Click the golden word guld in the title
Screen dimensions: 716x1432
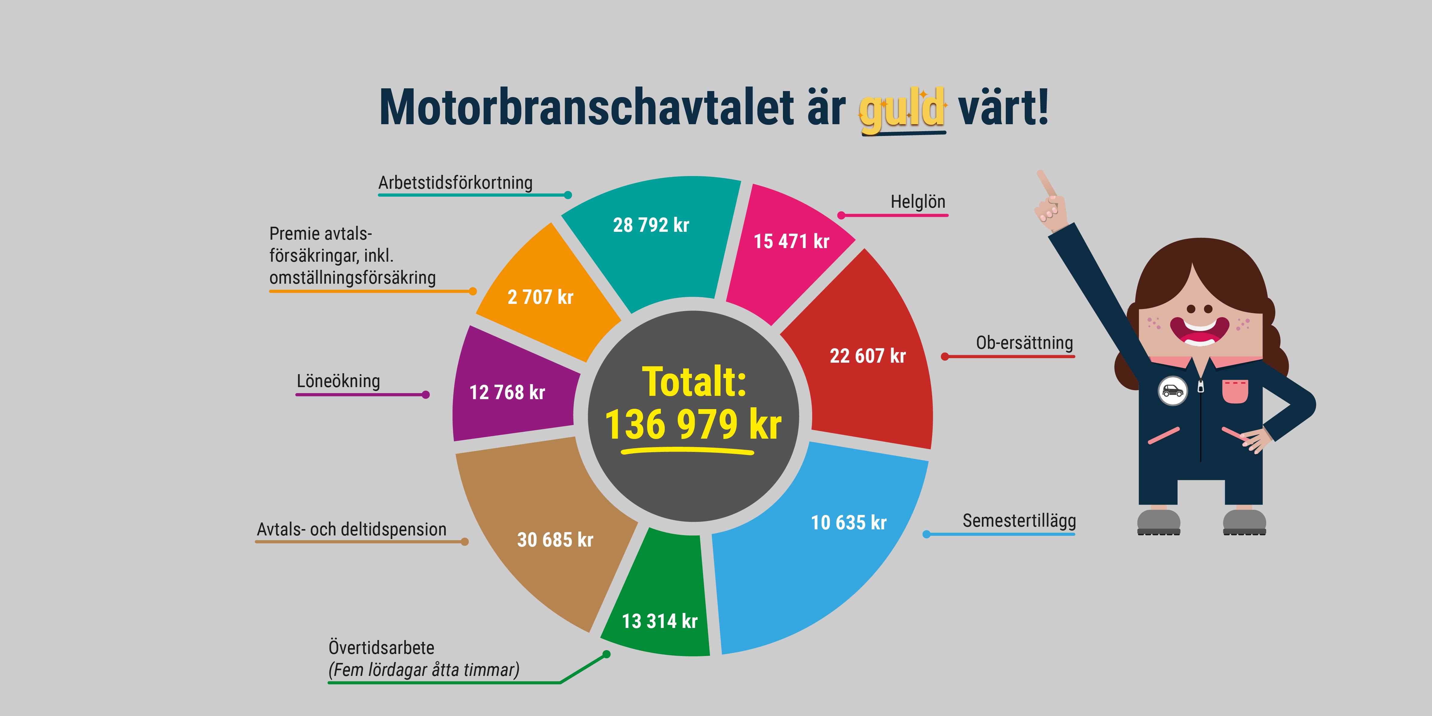click(902, 109)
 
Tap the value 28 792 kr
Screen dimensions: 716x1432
click(651, 225)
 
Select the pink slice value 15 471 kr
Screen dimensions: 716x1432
click(791, 241)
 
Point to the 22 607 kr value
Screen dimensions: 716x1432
click(867, 356)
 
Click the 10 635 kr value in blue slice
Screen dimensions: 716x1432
click(848, 522)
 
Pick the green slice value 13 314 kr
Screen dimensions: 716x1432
click(659, 621)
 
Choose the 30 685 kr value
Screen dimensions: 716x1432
click(555, 540)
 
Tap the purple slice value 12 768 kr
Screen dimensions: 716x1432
click(507, 393)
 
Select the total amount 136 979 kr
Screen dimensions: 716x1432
click(693, 425)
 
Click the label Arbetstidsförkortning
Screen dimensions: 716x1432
click(455, 182)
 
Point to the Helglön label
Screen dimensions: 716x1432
click(917, 202)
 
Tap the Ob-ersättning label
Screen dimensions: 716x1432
click(1024, 343)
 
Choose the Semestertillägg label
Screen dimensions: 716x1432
click(1019, 521)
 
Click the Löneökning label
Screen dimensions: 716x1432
click(338, 381)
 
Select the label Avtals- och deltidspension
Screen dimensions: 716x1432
click(351, 529)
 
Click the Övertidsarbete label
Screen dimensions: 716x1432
click(381, 648)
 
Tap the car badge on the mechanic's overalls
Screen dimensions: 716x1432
click(1172, 391)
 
